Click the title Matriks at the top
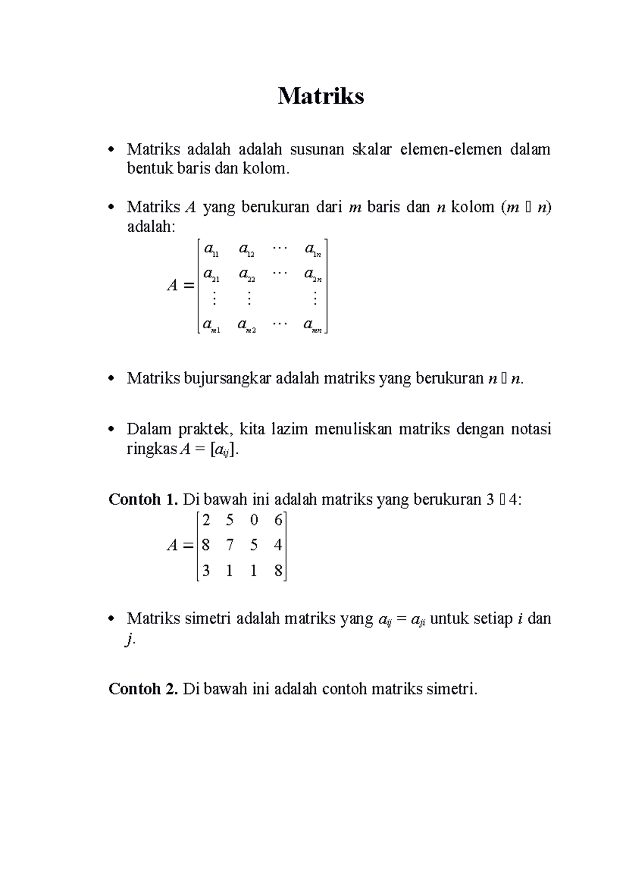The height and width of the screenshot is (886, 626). point(320,97)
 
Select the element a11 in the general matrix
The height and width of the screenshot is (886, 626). point(211,250)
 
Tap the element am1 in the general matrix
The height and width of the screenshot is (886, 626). point(211,326)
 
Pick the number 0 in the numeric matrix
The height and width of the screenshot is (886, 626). point(254,520)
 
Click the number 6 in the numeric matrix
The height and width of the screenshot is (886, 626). point(278,520)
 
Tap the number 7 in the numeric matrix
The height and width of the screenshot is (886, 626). point(230,545)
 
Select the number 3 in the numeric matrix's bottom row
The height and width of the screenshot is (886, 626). point(206,570)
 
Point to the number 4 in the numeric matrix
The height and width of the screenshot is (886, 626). point(278,545)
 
